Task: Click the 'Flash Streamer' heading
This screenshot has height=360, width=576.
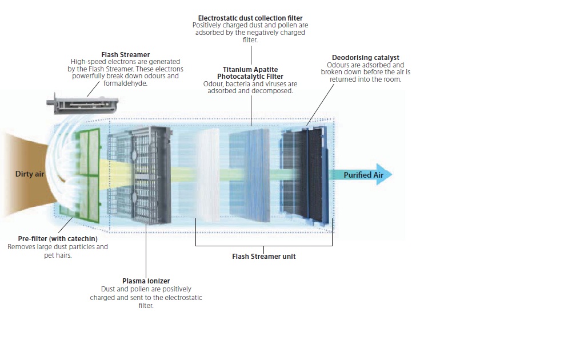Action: click(125, 55)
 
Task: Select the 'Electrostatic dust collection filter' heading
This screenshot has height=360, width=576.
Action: click(250, 18)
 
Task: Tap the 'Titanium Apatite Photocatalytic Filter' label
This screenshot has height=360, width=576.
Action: click(250, 73)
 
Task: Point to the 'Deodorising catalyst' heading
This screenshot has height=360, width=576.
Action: click(365, 58)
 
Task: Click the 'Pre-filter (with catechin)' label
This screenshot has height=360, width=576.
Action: click(58, 238)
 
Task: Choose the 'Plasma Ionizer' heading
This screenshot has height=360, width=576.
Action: click(146, 281)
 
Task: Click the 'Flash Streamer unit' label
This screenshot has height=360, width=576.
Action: click(263, 257)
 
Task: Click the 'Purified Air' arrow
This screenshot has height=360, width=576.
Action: click(366, 175)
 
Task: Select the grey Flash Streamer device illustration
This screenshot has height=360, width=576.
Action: click(82, 103)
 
